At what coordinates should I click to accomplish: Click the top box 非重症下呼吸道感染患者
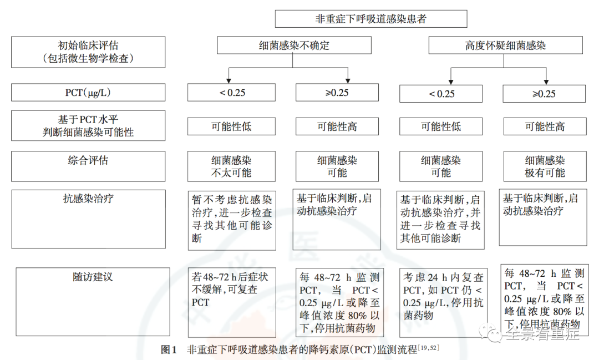coord(371,18)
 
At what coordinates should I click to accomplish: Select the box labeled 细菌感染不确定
coord(294,45)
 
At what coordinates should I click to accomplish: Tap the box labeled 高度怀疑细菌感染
coord(505,45)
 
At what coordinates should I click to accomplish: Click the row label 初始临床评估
coord(89,52)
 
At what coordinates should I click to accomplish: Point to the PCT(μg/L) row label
coord(89,92)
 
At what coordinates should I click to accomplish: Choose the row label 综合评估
coord(89,161)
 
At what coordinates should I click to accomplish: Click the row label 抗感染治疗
coord(89,199)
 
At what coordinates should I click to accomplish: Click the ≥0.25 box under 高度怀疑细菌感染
coord(544,93)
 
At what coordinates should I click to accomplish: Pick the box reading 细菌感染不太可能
coord(232,166)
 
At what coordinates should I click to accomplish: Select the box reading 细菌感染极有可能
coord(544,166)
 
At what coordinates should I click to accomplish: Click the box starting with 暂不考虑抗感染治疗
coord(232,219)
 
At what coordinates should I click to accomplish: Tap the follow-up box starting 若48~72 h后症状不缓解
coord(232,302)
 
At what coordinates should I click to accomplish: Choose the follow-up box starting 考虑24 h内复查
coord(442,302)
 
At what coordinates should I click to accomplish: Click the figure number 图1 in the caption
coord(168,350)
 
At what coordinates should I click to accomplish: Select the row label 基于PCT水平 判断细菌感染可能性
coord(89,126)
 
